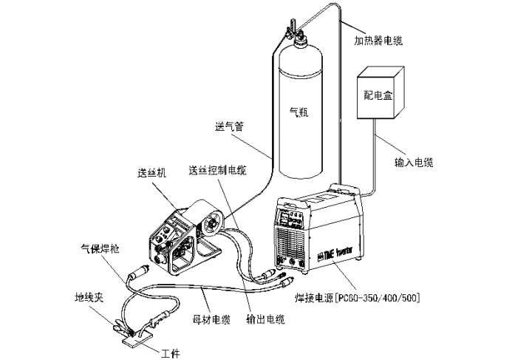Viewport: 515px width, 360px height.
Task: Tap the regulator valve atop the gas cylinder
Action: click(292, 33)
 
